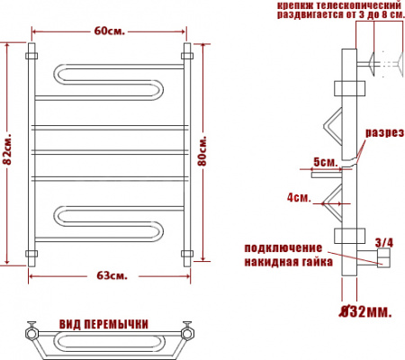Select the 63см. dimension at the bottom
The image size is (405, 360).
[109, 274]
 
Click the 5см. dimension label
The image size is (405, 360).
[324, 162]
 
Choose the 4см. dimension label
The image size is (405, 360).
[299, 195]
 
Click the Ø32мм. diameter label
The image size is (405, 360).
[364, 311]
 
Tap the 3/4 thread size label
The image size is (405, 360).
[383, 241]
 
